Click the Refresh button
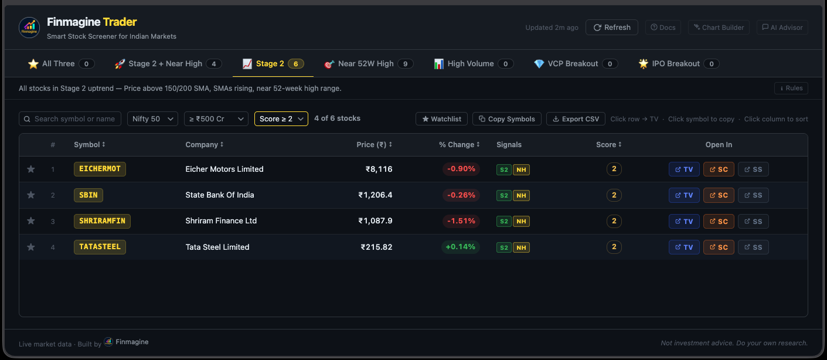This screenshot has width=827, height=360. [611, 28]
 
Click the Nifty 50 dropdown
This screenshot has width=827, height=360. [152, 119]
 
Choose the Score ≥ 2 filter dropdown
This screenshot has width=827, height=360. [281, 119]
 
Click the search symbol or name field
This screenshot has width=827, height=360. [70, 119]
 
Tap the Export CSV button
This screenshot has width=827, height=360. [576, 119]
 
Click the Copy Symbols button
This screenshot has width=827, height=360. [506, 119]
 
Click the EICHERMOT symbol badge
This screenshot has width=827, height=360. [100, 169]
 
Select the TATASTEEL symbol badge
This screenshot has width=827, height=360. [100, 247]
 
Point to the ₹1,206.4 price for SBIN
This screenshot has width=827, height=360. [375, 195]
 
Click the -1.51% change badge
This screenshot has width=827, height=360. [461, 221]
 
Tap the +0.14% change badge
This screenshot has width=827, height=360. [460, 247]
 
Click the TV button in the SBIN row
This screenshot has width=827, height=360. [683, 195]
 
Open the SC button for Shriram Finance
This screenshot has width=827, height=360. [718, 222]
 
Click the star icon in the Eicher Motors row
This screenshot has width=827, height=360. [31, 169]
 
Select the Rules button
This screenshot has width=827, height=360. [791, 89]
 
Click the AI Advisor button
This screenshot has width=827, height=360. [782, 28]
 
